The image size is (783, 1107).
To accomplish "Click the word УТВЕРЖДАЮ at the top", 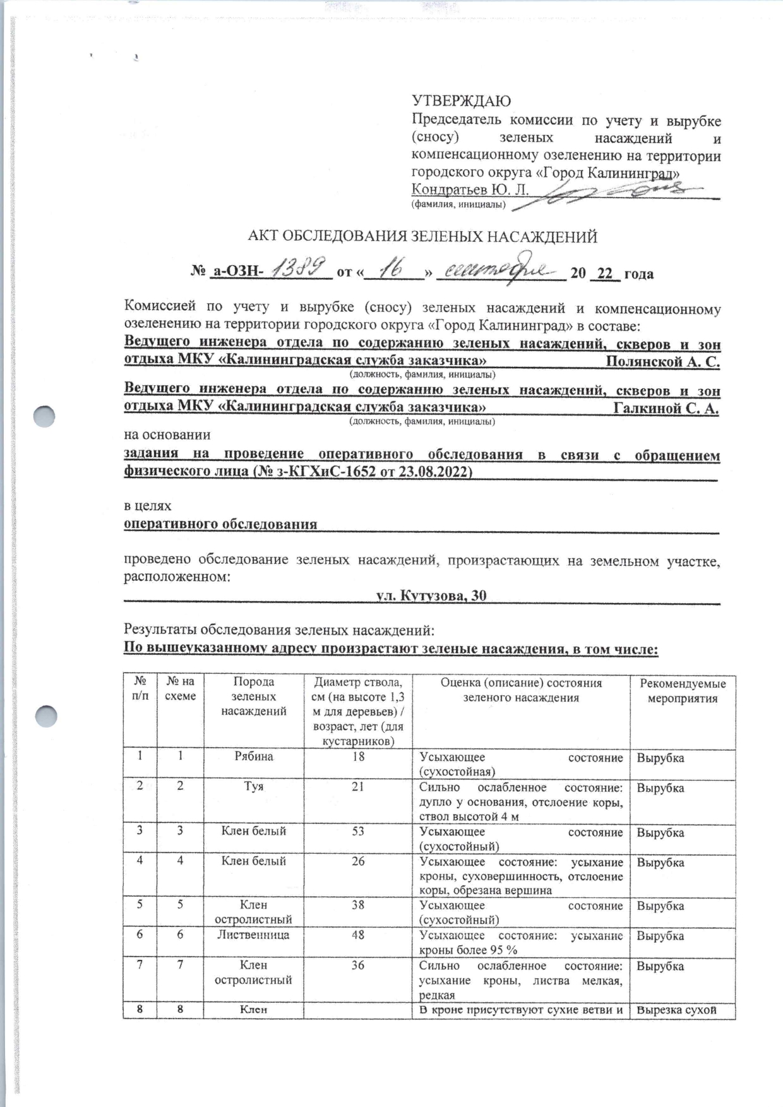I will [x=461, y=101].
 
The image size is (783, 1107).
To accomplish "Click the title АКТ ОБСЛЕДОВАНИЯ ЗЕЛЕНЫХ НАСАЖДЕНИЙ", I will [x=422, y=237].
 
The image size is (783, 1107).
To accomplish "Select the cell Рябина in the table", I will [x=253, y=757].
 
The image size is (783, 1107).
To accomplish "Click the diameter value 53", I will [x=357, y=831].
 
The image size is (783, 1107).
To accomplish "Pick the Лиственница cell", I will [x=253, y=935].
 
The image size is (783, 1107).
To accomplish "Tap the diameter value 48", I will [x=357, y=935].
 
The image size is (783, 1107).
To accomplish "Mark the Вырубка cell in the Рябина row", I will [x=660, y=758].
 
